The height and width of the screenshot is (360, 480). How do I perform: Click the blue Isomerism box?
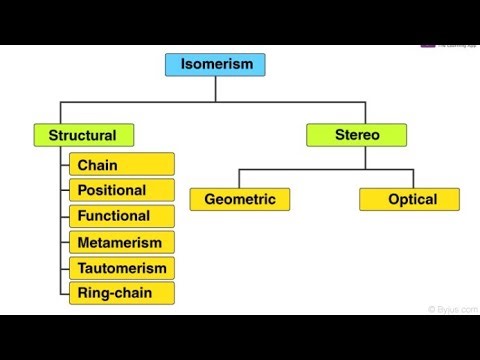point(216,65)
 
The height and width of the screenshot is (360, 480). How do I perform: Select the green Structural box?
point(83,135)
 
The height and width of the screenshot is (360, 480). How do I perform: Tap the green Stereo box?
point(356,134)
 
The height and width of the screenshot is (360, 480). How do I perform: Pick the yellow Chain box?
point(122,164)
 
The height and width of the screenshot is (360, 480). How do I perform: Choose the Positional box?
point(122,190)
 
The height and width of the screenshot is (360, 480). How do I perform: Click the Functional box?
point(122,216)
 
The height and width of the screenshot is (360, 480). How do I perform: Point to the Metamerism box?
point(122,242)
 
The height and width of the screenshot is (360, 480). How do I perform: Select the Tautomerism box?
point(122,268)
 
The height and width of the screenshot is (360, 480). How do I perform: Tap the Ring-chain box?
point(122,293)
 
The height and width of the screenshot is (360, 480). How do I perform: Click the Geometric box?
point(240,199)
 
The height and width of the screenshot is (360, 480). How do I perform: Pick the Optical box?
point(410,199)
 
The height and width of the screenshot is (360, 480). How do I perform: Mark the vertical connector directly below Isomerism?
point(216,89)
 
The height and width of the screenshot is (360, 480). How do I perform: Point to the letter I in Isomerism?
point(183,65)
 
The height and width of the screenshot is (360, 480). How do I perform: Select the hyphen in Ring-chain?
point(111,294)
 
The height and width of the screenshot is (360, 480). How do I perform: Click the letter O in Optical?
point(392,199)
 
